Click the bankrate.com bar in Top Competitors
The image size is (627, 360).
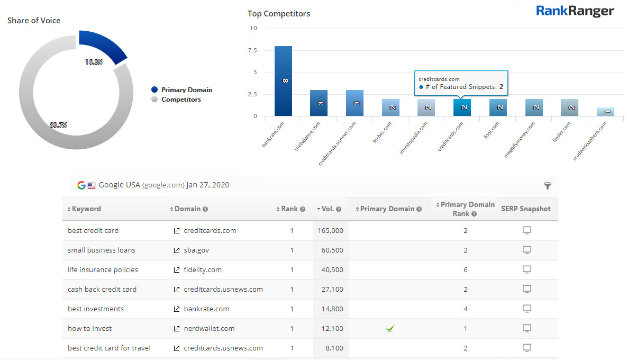(x=283, y=81)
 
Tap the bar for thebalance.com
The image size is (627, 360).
(x=319, y=103)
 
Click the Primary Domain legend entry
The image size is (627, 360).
(x=186, y=90)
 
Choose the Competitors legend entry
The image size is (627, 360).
(x=180, y=100)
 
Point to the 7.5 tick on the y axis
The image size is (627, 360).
(x=252, y=50)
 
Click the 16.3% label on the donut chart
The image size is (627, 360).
(x=94, y=62)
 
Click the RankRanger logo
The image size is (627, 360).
(x=575, y=11)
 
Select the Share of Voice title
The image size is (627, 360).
(x=34, y=21)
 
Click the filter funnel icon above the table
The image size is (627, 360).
(x=548, y=186)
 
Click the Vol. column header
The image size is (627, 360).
(x=328, y=209)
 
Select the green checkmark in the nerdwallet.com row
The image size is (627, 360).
(x=390, y=329)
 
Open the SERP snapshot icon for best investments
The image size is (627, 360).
(x=527, y=309)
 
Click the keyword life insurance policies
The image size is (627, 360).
(x=103, y=270)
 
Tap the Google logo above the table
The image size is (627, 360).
(x=81, y=185)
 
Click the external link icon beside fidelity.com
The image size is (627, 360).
(x=177, y=270)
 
